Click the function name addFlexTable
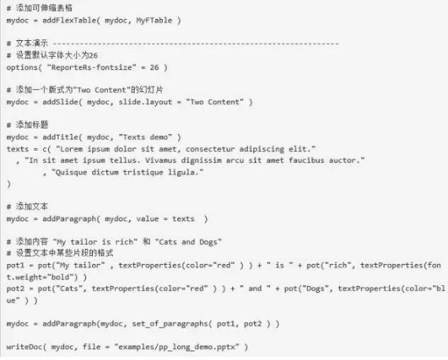tap(69, 20)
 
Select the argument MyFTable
tap(154, 20)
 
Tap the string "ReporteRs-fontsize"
tap(91, 68)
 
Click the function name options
tap(22, 68)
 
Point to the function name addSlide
tap(61, 102)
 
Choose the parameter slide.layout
tap(145, 102)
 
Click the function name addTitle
tap(61, 137)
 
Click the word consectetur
tap(210, 149)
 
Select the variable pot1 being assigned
tap(16, 265)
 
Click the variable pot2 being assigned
tap(16, 288)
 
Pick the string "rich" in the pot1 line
tap(337, 265)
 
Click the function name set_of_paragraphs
tap(170, 324)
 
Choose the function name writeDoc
tap(24, 347)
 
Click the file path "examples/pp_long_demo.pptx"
tap(176, 347)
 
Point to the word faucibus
tap(306, 161)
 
